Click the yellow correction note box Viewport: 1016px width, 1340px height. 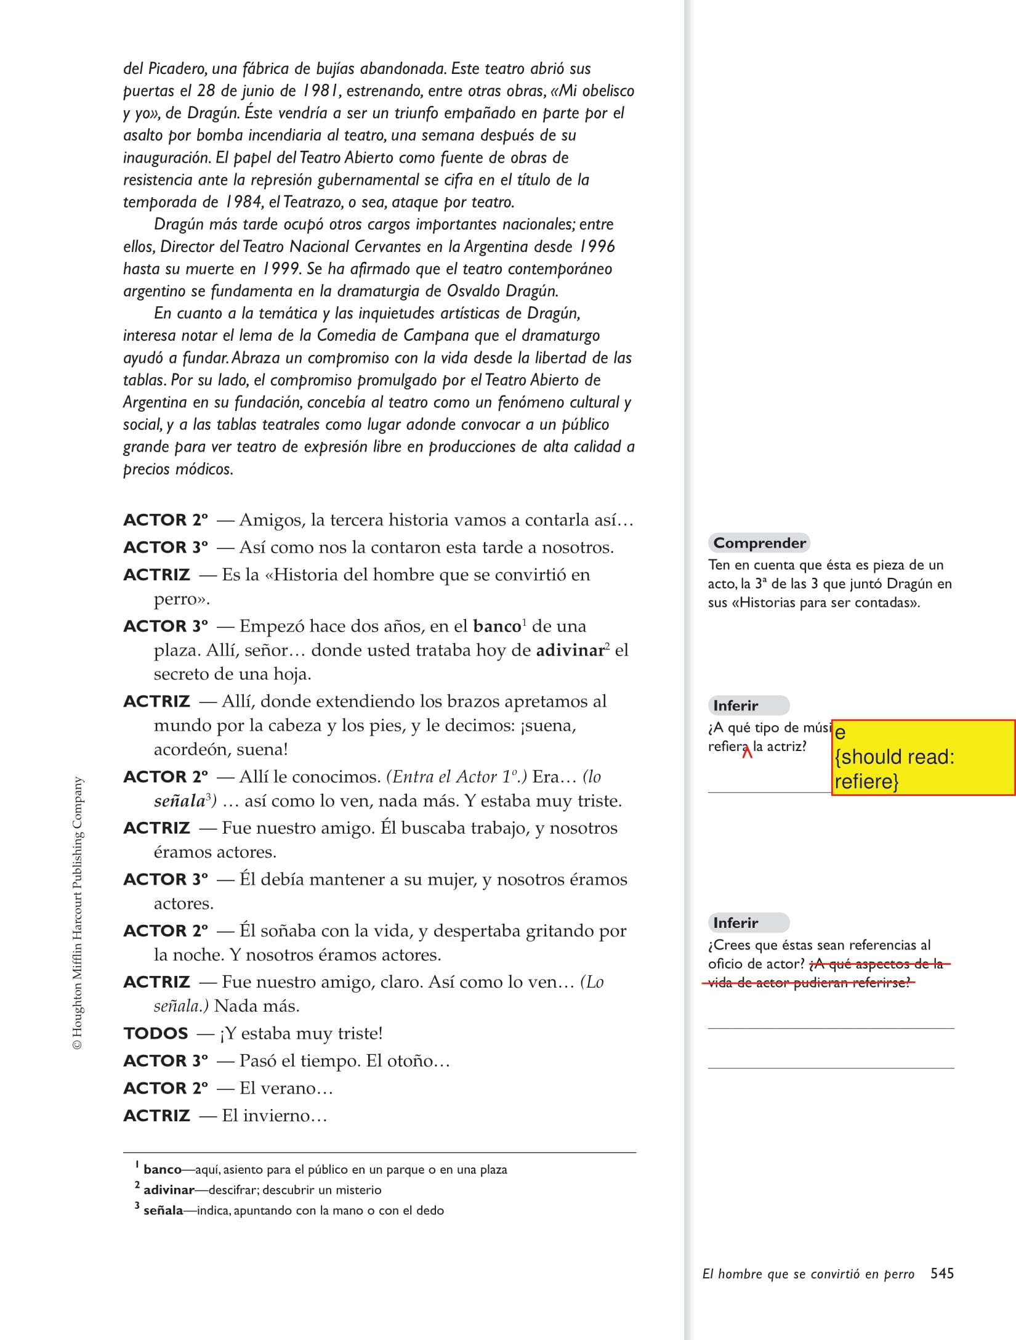point(922,757)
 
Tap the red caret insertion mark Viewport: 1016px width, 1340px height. point(747,751)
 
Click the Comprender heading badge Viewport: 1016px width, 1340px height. point(759,543)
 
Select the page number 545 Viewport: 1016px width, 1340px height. point(942,1273)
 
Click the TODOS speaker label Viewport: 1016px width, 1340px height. point(156,1033)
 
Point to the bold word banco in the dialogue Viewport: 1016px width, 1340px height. point(497,627)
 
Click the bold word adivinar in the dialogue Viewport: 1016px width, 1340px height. point(570,651)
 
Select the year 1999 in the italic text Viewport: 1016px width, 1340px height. point(281,269)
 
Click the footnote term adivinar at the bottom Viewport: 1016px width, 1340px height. point(169,1190)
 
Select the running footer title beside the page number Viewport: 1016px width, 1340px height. point(808,1274)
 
